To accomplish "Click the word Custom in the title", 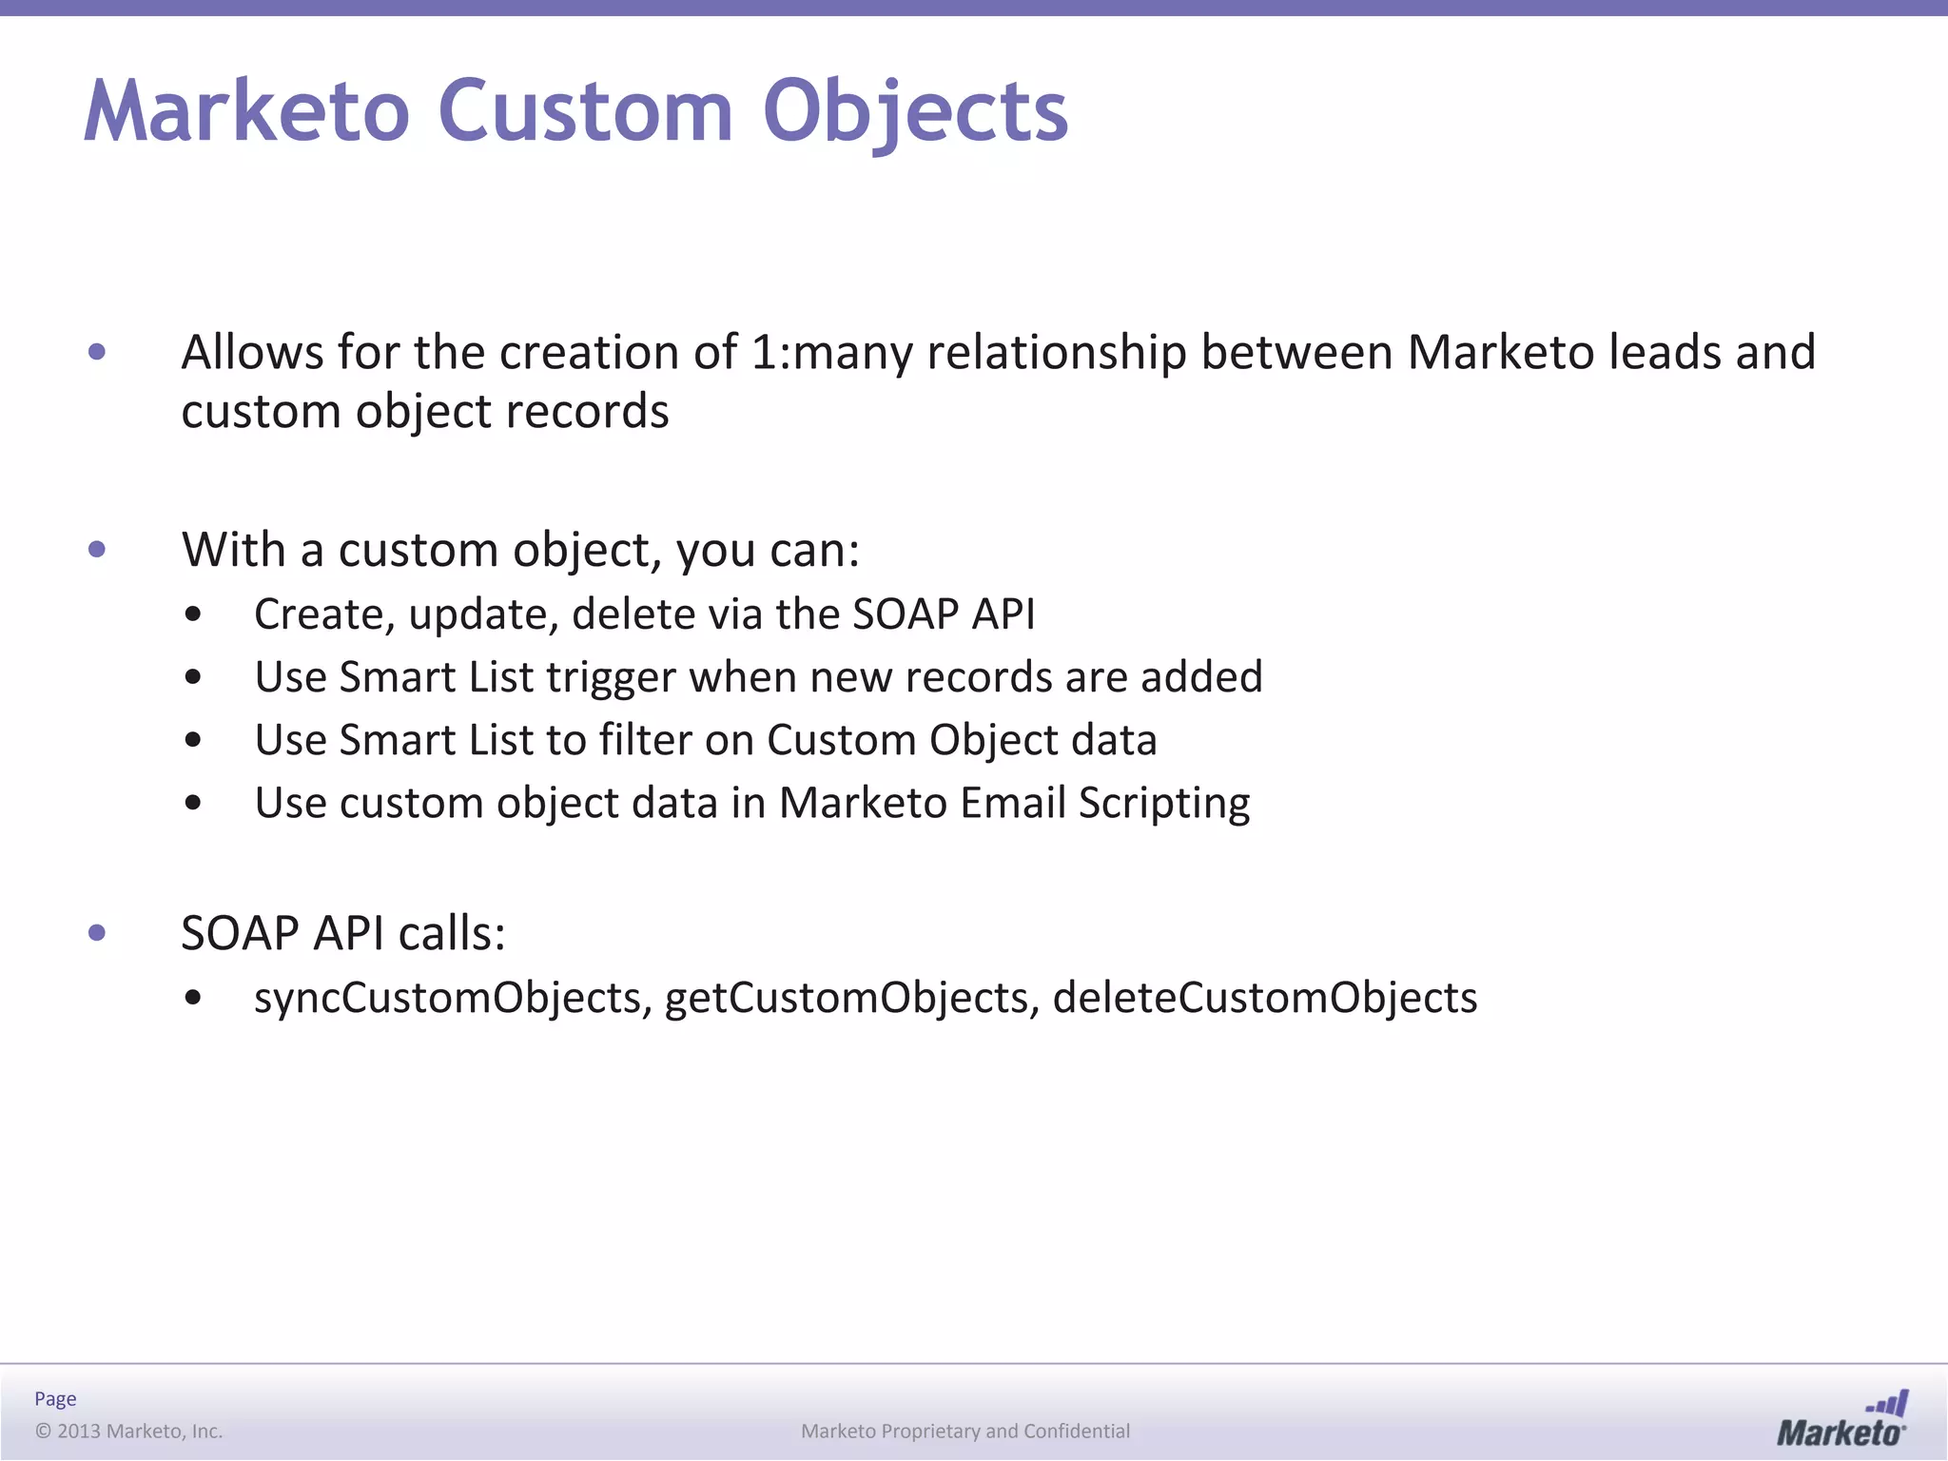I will click(x=585, y=112).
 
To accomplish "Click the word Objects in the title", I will click(x=915, y=112).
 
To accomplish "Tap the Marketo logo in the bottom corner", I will click(x=1841, y=1419).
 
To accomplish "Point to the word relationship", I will click(x=1056, y=352).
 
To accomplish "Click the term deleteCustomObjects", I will click(x=1265, y=998).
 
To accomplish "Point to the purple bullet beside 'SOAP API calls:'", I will click(x=96, y=933).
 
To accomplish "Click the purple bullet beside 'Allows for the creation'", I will click(x=96, y=352).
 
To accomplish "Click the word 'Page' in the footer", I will click(x=55, y=1398).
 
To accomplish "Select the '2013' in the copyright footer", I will click(x=79, y=1431).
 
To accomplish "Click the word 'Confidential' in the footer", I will click(x=1077, y=1431).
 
